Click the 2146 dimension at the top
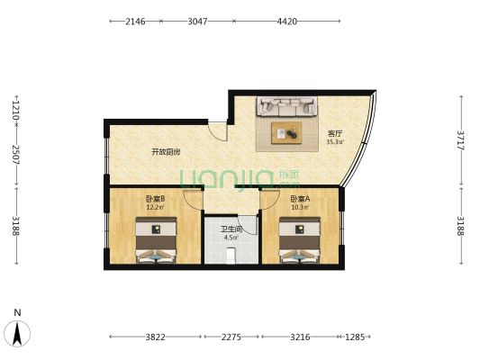click(135, 22)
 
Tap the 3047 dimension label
click(197, 22)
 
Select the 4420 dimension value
click(287, 22)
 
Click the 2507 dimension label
click(16, 155)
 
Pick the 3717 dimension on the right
click(460, 140)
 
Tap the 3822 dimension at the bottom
click(155, 337)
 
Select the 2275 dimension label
click(231, 337)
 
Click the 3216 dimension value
click(300, 337)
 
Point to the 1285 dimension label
click(355, 337)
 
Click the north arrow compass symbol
click(17, 333)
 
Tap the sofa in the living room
click(287, 106)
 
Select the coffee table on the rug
click(286, 132)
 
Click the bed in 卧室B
click(156, 240)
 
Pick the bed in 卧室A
click(300, 240)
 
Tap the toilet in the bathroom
click(231, 256)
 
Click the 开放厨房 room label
click(166, 152)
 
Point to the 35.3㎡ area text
click(335, 142)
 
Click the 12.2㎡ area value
click(155, 207)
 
